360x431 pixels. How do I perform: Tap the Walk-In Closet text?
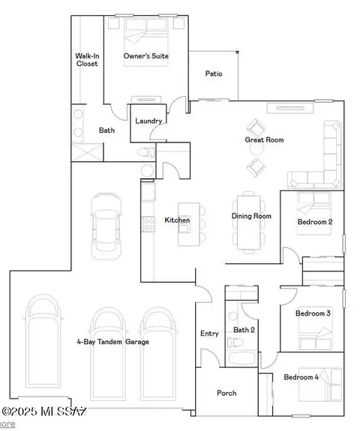[x=87, y=60]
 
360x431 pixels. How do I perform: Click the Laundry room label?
[x=148, y=121]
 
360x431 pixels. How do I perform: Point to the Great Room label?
[x=264, y=139]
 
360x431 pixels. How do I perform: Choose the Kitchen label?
[x=177, y=220]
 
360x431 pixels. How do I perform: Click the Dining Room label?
[x=250, y=217]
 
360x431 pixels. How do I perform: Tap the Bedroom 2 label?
[x=315, y=223]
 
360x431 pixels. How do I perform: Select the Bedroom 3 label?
[x=313, y=313]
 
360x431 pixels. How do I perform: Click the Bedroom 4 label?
[x=301, y=377]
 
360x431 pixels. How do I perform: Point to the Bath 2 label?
[x=244, y=330]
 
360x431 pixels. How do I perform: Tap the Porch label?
[x=226, y=393]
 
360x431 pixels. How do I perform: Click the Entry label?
[x=209, y=334]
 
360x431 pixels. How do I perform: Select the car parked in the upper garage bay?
[x=106, y=226]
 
